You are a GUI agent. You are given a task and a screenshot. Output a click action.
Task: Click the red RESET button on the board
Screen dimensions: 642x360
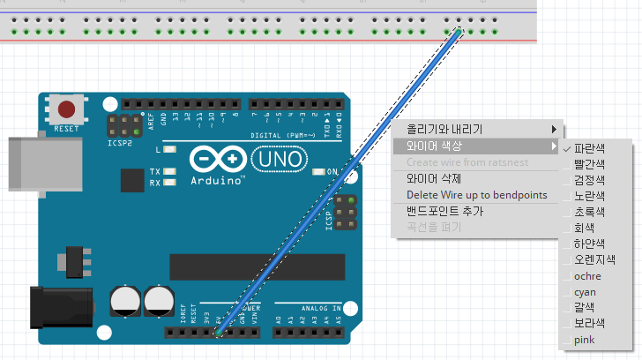pos(66,110)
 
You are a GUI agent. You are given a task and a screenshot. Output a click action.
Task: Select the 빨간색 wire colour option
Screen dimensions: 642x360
pos(589,163)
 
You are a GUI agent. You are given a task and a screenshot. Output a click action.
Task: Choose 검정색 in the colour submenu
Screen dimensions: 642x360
pos(589,179)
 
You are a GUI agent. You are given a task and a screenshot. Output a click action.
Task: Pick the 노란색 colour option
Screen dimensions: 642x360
pos(589,195)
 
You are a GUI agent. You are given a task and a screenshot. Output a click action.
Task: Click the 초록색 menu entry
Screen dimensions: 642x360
pos(589,211)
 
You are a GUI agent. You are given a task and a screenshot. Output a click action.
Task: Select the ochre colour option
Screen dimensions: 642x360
pos(587,276)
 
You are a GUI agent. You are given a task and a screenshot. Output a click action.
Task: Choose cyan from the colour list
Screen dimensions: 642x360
pos(585,292)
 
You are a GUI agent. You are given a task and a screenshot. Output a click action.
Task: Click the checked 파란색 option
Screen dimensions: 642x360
pos(589,147)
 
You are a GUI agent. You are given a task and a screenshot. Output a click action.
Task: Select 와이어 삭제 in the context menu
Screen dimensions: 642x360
pos(434,178)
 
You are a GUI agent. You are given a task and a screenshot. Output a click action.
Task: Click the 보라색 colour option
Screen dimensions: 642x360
pos(589,324)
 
